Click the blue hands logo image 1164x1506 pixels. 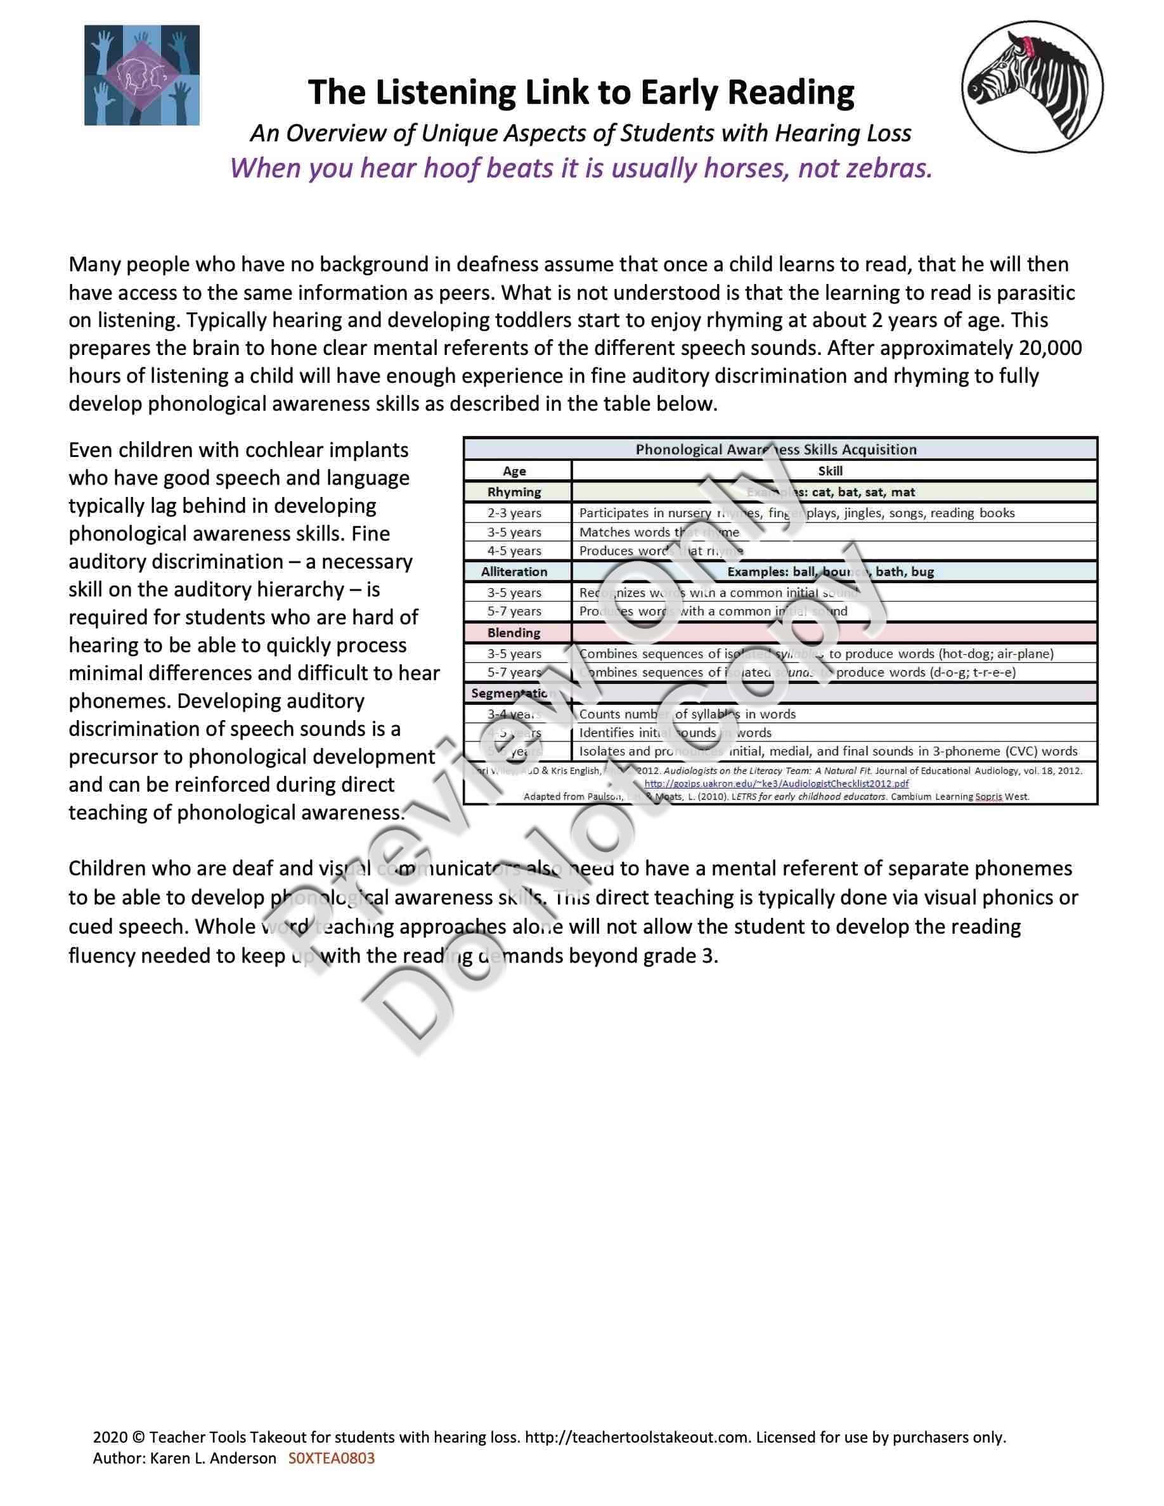142,75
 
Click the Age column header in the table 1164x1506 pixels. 514,471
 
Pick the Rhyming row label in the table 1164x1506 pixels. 514,492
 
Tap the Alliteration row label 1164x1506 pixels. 514,572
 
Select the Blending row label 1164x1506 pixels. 514,633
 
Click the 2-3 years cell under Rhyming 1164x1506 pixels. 514,513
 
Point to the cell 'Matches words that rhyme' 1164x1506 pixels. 659,532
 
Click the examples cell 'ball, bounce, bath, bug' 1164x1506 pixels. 831,572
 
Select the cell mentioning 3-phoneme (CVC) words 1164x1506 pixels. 827,751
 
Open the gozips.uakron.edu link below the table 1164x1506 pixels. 776,783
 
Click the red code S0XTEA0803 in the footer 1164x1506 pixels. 331,1458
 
